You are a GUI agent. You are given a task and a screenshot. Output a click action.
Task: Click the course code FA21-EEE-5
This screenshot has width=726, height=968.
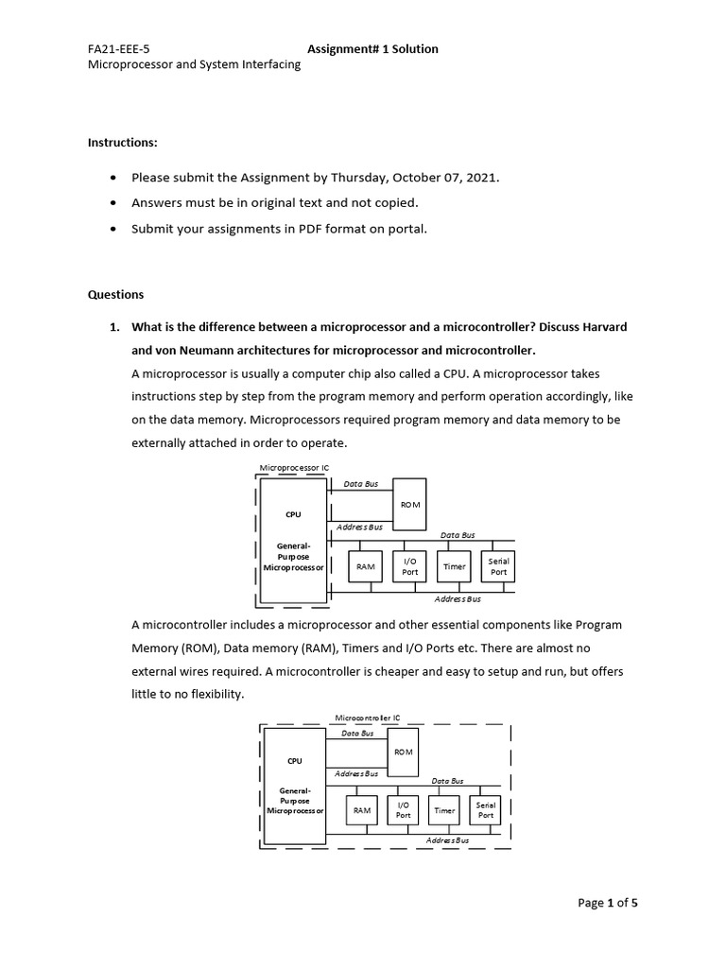(x=119, y=49)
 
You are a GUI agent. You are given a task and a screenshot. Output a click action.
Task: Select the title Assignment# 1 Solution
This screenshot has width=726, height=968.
(x=372, y=49)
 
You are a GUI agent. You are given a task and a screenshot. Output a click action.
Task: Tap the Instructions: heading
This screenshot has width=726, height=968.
(x=123, y=143)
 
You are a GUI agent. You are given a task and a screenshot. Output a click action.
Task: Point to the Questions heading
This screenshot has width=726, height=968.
(x=115, y=294)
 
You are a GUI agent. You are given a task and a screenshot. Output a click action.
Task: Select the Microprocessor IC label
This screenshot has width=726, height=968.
(x=294, y=468)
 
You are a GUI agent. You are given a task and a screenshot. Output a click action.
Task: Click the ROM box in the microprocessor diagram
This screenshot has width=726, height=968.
(x=409, y=506)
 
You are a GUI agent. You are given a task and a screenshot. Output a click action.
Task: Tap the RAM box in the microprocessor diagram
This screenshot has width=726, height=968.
(x=366, y=567)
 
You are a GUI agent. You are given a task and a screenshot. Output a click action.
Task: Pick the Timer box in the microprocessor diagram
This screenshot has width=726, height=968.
(x=455, y=567)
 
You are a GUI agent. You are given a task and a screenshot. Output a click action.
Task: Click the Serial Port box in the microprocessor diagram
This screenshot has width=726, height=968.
(x=498, y=567)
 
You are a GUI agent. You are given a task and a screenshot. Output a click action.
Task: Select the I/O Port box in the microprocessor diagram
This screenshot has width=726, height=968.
(x=410, y=567)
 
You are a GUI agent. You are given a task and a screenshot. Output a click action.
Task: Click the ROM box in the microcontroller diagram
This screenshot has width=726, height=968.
(x=404, y=752)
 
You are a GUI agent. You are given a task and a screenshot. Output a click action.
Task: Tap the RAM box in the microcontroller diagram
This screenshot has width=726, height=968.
(x=361, y=811)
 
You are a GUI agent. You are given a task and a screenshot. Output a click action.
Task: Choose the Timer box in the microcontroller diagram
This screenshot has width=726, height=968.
(x=444, y=811)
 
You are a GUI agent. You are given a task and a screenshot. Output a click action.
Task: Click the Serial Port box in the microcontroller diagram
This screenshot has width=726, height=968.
(x=486, y=811)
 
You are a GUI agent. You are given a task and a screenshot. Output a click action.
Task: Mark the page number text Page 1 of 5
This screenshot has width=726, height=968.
(x=608, y=904)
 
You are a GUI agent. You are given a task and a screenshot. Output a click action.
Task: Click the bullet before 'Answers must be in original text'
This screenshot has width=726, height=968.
(x=114, y=203)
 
